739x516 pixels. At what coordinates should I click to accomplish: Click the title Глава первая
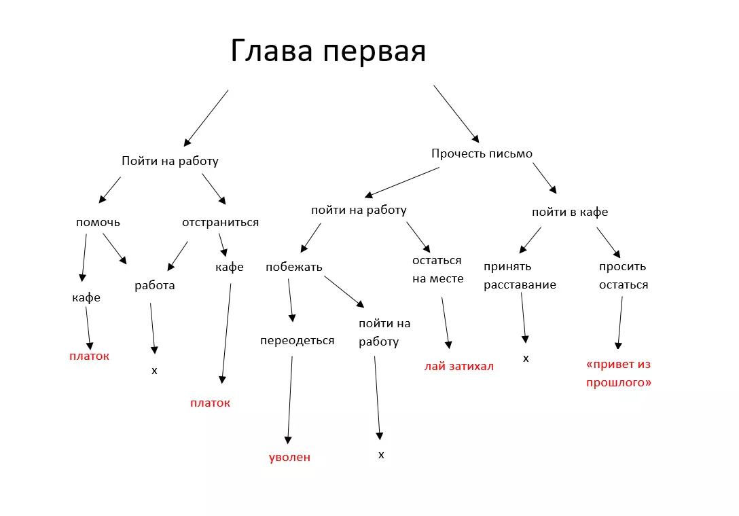pos(328,52)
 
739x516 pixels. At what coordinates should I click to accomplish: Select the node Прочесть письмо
pos(482,153)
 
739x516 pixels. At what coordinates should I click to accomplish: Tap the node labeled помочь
pos(98,222)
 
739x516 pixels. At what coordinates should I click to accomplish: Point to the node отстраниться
pos(220,222)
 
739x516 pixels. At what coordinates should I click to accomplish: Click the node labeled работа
pos(154,285)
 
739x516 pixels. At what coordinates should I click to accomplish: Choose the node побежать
pos(293,267)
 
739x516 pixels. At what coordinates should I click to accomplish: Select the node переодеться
pos(297,340)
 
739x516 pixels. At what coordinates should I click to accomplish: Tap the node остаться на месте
pos(437,270)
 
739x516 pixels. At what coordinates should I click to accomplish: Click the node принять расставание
pos(520,276)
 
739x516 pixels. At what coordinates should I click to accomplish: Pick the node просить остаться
pos(623,276)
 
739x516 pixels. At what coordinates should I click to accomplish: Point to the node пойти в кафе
pos(569,212)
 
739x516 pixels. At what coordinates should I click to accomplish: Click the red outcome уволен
pos(289,457)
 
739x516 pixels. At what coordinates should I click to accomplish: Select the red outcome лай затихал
pos(458,366)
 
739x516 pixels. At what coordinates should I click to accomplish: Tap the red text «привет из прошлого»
pos(618,373)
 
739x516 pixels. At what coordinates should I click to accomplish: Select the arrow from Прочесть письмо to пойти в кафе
pos(544,178)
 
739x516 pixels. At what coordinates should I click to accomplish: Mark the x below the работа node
pos(154,371)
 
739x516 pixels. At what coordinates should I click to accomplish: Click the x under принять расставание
pos(526,358)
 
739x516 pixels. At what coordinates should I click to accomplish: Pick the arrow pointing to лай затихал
pos(446,322)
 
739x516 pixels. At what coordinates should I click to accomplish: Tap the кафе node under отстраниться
pos(230,267)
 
